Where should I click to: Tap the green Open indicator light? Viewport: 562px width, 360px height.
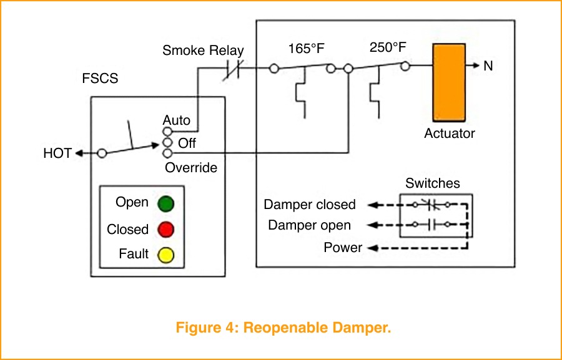tap(165, 204)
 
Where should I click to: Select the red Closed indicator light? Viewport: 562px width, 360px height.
tap(165, 230)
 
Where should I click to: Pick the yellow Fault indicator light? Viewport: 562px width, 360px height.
tap(165, 255)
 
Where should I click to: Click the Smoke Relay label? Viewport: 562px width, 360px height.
tap(203, 51)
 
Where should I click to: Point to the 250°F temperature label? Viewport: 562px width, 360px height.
tap(388, 47)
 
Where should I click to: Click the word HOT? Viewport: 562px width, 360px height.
tap(57, 153)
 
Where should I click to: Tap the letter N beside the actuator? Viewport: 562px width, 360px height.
tap(488, 66)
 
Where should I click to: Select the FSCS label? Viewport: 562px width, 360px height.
tap(100, 79)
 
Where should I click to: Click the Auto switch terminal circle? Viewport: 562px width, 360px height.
tap(167, 132)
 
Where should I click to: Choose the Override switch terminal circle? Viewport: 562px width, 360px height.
tap(167, 153)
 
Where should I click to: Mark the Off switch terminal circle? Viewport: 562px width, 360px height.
tap(167, 143)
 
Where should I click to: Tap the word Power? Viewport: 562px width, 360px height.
tap(343, 248)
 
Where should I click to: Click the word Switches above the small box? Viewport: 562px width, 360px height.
tap(432, 183)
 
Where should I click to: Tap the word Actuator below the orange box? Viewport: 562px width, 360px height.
tap(449, 134)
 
